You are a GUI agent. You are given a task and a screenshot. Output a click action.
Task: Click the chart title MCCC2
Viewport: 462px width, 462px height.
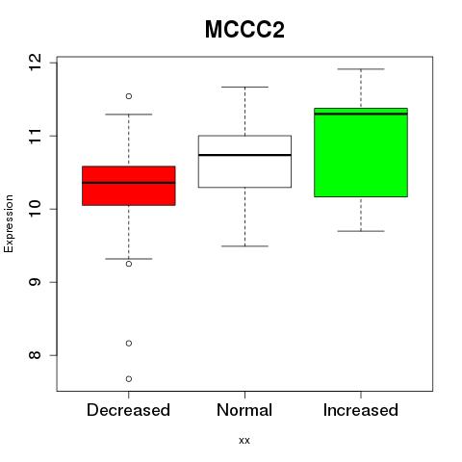(x=244, y=30)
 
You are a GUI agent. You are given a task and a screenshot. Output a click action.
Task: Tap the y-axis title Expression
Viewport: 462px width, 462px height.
(x=9, y=223)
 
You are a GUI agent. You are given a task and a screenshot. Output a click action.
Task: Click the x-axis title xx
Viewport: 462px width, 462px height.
(x=244, y=441)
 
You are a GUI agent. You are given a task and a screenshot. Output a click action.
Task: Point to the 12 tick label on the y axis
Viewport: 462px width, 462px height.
(x=36, y=63)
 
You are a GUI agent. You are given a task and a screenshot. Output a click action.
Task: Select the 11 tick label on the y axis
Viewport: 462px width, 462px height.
(x=36, y=136)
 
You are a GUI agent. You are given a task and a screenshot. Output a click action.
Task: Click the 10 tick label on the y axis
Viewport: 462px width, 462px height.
(x=36, y=209)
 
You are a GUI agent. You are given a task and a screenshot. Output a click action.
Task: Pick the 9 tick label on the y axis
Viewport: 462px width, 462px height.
(x=36, y=282)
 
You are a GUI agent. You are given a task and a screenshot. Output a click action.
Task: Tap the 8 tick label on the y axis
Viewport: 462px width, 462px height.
(x=36, y=355)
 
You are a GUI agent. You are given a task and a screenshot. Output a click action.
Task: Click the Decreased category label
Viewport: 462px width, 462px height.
(x=128, y=410)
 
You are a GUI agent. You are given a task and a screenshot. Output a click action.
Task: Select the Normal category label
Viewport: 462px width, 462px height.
(x=244, y=410)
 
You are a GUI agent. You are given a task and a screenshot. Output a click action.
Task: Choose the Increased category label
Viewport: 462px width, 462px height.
(x=361, y=410)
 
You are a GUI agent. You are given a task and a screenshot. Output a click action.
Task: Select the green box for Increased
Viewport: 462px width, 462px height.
(x=361, y=152)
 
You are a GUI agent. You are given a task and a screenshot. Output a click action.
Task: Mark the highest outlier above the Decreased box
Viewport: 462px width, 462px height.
(x=129, y=96)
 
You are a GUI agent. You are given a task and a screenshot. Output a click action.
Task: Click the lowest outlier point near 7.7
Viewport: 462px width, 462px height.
(x=129, y=379)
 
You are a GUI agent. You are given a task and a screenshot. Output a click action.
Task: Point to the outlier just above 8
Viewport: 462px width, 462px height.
(x=129, y=344)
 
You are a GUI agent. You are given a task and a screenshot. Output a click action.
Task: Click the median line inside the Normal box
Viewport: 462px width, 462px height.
(x=244, y=155)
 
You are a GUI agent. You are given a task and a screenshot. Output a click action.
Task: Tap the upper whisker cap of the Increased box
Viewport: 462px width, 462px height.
(x=361, y=69)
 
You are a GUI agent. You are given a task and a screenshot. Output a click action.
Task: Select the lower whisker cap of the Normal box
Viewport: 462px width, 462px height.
(x=244, y=246)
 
